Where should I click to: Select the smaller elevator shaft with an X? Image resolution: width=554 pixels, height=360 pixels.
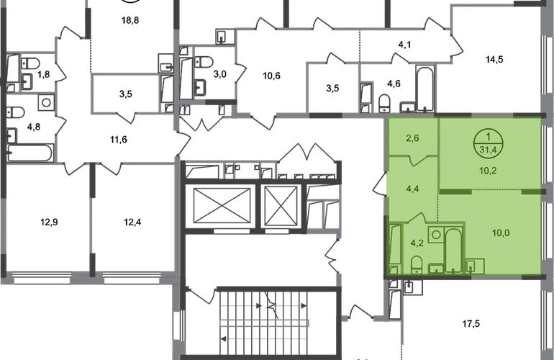[x=280, y=202]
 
